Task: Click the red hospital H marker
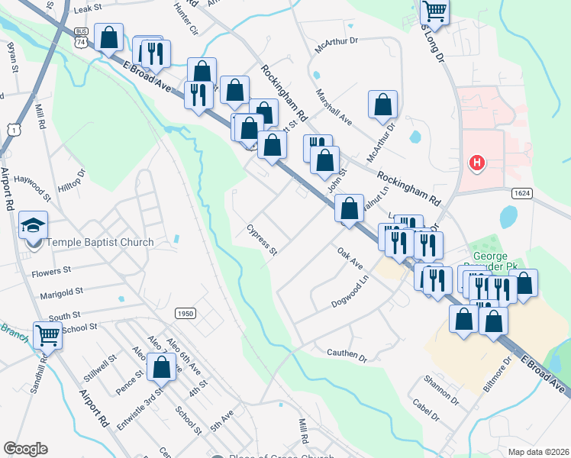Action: tap(477, 163)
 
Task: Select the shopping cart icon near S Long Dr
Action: tap(434, 11)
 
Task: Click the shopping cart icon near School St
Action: tap(47, 334)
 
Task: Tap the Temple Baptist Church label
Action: tap(101, 243)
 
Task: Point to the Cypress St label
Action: tap(261, 239)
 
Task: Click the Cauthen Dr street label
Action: tap(347, 355)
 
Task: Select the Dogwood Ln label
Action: tap(350, 292)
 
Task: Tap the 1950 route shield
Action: tap(184, 313)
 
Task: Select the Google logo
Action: tap(24, 449)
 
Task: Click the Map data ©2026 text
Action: tap(538, 452)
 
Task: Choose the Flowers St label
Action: tap(51, 270)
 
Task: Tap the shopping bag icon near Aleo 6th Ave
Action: tap(161, 367)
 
